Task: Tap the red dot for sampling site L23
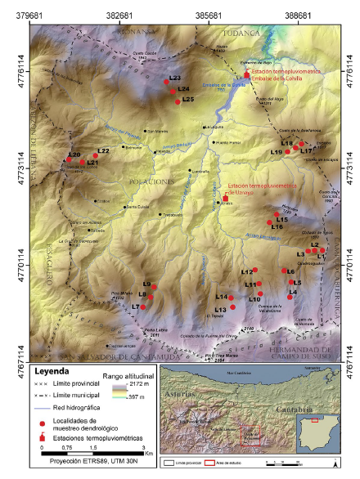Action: pos(167,82)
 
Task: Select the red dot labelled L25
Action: pos(178,101)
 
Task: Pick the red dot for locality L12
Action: pos(256,270)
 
